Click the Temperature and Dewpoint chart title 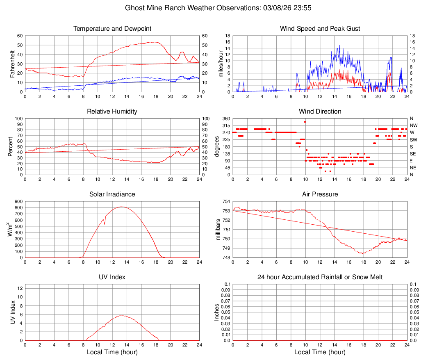click(112, 29)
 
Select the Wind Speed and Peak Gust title click(320, 29)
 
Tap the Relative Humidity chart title click(112, 112)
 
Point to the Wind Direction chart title click(320, 112)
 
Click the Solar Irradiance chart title click(112, 194)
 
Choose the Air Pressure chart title click(320, 194)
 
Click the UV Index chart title click(112, 277)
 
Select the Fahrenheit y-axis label click(12, 64)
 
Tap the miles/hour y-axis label click(221, 64)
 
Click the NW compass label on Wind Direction click(413, 125)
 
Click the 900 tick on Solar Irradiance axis click(18, 201)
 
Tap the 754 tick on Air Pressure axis click(225, 201)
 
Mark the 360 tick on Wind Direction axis click(225, 118)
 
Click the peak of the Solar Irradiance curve click(122, 207)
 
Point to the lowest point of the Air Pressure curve click(362, 253)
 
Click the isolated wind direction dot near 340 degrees click(305, 122)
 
